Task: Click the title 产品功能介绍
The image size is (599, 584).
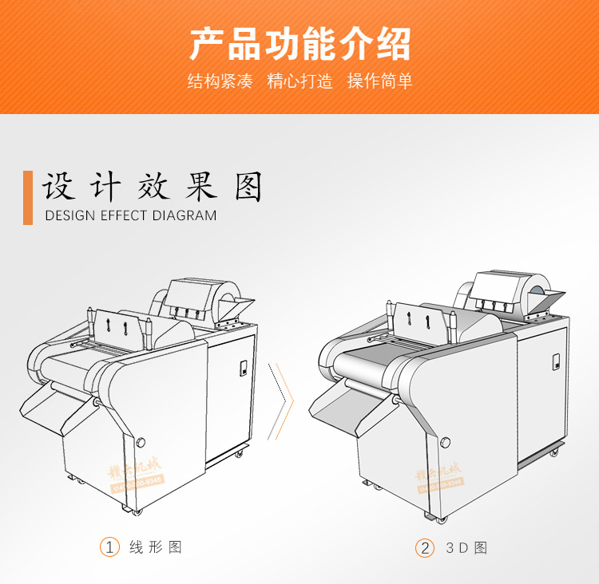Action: coord(299,45)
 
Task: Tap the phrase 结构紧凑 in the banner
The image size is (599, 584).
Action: coord(220,81)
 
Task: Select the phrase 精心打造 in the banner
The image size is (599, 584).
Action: coord(299,81)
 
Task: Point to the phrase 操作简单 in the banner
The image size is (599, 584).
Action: coord(379,81)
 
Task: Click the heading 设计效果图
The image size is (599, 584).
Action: coord(153,187)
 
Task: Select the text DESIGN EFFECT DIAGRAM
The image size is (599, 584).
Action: coord(131,215)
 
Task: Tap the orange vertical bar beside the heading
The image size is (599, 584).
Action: coord(28,197)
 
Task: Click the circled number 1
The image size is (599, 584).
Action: coord(109,547)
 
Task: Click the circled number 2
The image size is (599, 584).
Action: coord(424,548)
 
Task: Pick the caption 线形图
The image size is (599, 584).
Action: coord(156,547)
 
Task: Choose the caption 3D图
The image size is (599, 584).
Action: coord(466,548)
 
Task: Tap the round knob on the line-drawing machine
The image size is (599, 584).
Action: coord(141,441)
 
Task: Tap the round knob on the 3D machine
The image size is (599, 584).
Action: coord(445,442)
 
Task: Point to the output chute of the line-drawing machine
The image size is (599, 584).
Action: coord(50,407)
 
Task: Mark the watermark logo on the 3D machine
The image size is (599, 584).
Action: coord(438,475)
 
